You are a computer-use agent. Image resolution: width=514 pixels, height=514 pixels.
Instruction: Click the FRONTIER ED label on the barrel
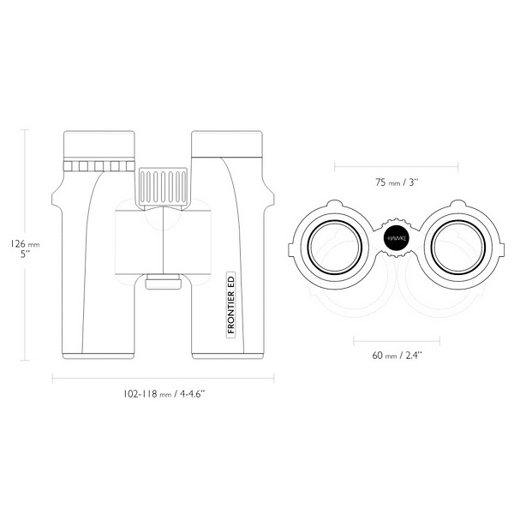click(231, 304)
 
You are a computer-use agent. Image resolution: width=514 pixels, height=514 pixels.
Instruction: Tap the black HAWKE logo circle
click(397, 238)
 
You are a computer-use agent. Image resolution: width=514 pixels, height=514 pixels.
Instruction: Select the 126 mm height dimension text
click(25, 244)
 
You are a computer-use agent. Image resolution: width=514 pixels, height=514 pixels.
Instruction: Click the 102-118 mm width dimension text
click(164, 394)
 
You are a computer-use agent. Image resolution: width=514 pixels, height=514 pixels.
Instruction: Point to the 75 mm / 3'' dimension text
click(397, 182)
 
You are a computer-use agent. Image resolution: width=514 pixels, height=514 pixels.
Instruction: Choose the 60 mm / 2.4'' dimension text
click(397, 356)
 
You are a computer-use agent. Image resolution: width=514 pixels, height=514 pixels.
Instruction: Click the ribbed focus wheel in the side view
click(163, 188)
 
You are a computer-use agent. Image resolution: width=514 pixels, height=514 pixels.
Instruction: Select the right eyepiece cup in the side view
click(227, 144)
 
